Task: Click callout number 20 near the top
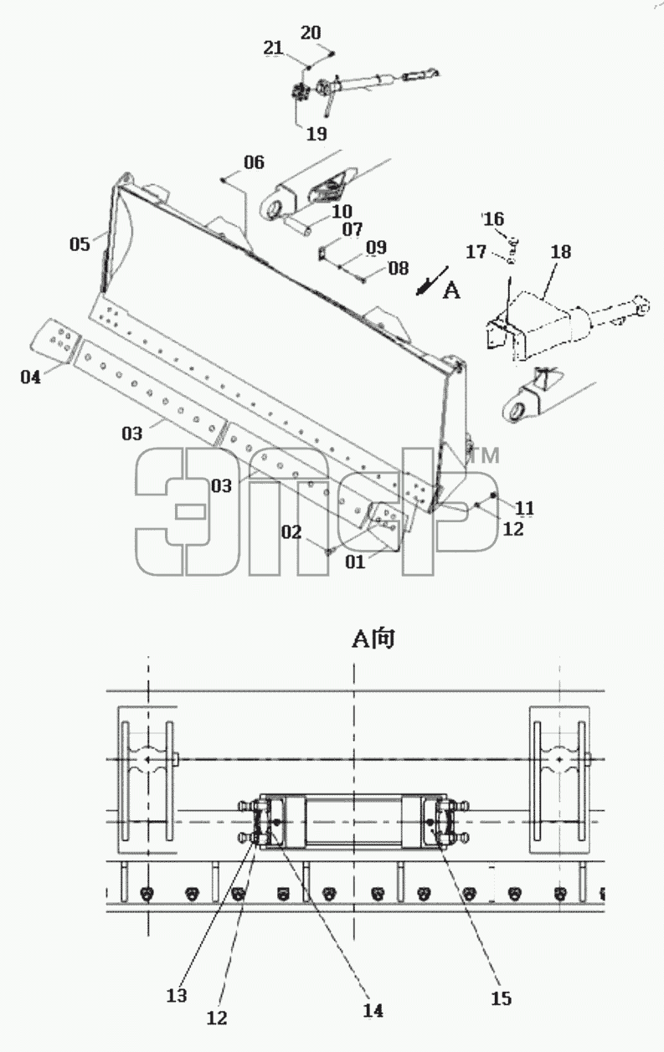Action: [311, 33]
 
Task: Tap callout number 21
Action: [274, 48]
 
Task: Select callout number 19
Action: [317, 134]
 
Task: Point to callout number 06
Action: [255, 162]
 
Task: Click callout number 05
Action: [80, 244]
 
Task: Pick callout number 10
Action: [342, 211]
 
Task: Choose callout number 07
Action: [352, 229]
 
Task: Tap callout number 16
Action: [493, 219]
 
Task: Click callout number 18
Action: [561, 252]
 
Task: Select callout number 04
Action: [30, 377]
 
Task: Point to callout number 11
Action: [524, 508]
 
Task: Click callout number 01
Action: [355, 562]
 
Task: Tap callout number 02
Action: [291, 532]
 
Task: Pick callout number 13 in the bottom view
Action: [177, 995]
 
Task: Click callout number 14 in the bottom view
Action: [373, 1010]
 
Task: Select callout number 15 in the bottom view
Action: [501, 998]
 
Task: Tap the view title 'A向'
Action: [373, 639]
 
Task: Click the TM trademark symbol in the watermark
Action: [486, 455]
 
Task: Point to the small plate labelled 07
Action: [323, 254]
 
